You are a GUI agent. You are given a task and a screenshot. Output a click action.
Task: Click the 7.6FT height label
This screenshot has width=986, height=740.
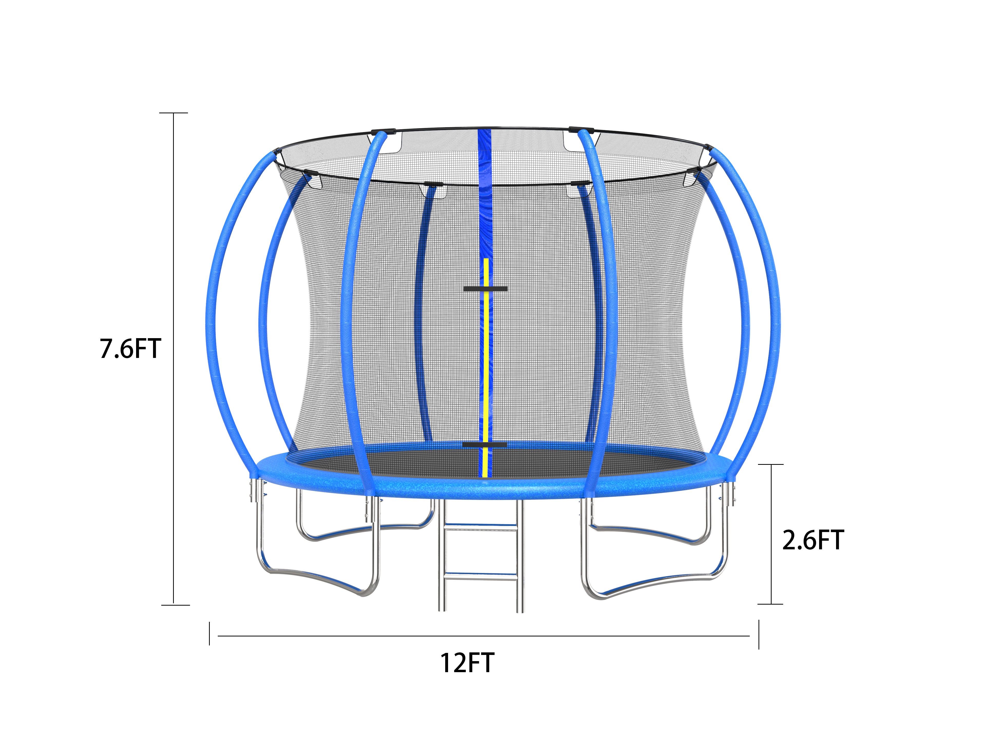(x=130, y=349)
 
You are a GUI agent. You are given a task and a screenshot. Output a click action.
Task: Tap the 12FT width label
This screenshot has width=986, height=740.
(x=467, y=663)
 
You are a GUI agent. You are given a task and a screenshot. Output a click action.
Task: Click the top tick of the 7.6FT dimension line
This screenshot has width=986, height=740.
(x=174, y=113)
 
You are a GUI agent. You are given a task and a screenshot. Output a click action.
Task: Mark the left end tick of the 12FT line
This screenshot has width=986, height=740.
(x=210, y=634)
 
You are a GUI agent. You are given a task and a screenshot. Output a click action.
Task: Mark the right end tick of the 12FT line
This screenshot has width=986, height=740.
(x=759, y=634)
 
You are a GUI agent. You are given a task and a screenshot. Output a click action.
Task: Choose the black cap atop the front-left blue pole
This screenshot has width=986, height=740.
(x=383, y=132)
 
